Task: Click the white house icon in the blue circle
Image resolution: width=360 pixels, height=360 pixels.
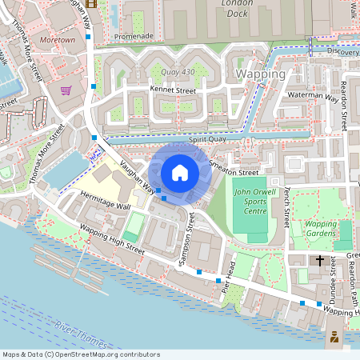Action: [x=179, y=172]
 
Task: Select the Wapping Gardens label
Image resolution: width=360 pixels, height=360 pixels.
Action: [x=321, y=229]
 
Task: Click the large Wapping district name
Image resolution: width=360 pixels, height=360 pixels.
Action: [x=262, y=74]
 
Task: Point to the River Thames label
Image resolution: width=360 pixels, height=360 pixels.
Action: [x=80, y=334]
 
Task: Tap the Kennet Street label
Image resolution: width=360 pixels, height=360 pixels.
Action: [x=172, y=90]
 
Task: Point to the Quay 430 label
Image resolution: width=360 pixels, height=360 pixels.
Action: [x=178, y=73]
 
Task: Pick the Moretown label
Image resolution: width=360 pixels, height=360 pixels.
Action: [x=57, y=39]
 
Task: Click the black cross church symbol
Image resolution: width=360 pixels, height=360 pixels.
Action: [x=320, y=260]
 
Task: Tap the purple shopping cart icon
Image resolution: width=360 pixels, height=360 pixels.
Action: [x=66, y=90]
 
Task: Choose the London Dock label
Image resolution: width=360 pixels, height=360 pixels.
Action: [x=241, y=8]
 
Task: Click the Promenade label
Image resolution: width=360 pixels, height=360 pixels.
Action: [x=134, y=36]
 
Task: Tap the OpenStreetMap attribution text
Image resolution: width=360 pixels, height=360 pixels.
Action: [x=81, y=354]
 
